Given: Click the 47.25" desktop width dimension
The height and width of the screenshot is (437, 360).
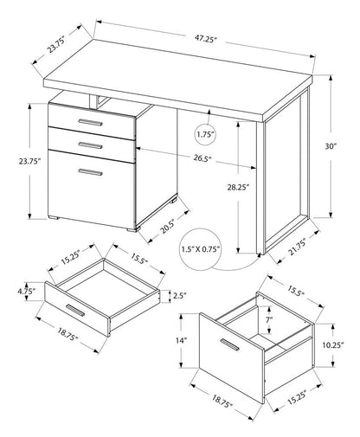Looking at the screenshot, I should coord(205,39).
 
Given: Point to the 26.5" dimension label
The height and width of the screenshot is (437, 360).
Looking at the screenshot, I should coord(204,157).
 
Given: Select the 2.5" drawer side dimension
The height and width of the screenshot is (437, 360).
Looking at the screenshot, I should coord(180,294).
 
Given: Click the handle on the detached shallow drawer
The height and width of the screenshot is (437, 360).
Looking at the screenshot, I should coord(74,312).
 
